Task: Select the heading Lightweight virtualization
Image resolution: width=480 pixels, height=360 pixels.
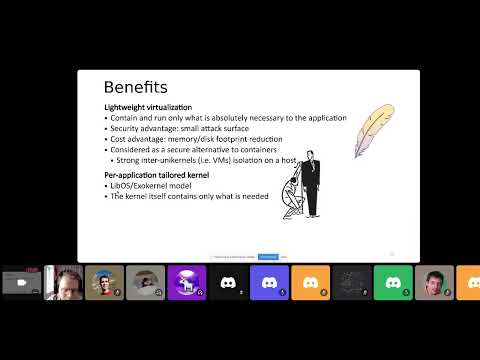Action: coord(148,107)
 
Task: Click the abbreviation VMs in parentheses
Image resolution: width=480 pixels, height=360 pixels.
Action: coord(225,160)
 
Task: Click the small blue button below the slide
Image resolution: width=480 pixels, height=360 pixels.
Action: coord(268,257)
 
